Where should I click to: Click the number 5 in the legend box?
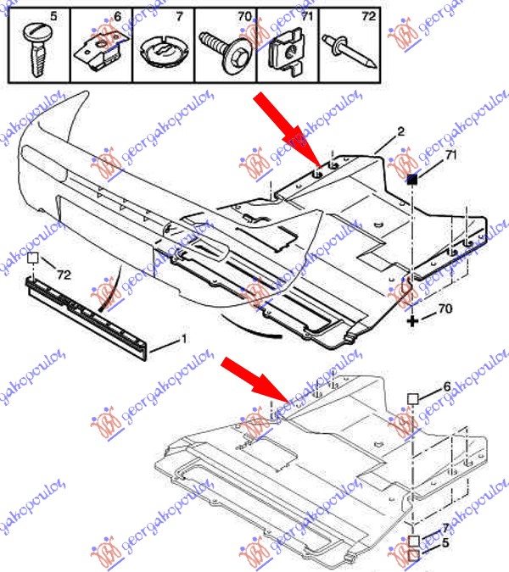pyautogui.click(x=53, y=16)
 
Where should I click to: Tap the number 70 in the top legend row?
pyautogui.click(x=244, y=16)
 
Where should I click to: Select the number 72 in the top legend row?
pyautogui.click(x=369, y=16)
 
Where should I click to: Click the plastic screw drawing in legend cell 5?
pyautogui.click(x=36, y=50)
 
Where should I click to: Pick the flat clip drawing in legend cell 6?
pyautogui.click(x=102, y=49)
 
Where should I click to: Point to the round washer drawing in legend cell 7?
pyautogui.click(x=164, y=51)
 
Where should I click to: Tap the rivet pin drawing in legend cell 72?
pyautogui.click(x=349, y=50)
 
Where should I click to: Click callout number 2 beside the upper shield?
pyautogui.click(x=401, y=131)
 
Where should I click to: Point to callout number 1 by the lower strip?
pyautogui.click(x=184, y=339)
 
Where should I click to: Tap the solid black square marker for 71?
pyautogui.click(x=412, y=179)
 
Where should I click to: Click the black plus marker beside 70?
pyautogui.click(x=412, y=321)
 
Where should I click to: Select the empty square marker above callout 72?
pyautogui.click(x=32, y=258)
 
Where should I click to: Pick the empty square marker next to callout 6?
pyautogui.click(x=412, y=399)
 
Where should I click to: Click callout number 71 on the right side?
pyautogui.click(x=451, y=155)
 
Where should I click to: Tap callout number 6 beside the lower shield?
pyautogui.click(x=447, y=386)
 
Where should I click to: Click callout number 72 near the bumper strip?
pyautogui.click(x=64, y=275)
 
